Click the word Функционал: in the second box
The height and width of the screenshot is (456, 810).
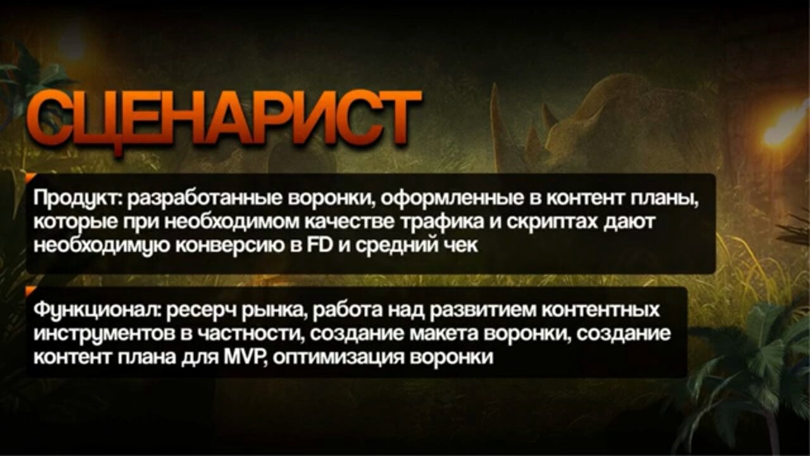coord(97,311)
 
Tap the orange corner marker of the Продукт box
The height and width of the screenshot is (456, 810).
coord(30,177)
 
